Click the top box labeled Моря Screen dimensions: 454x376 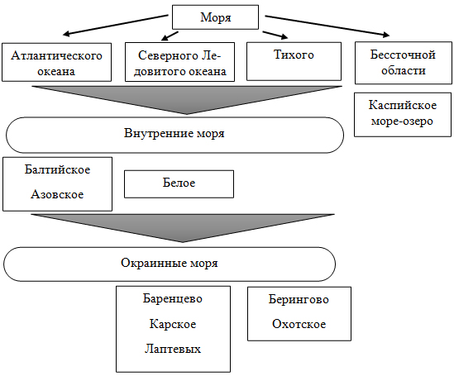click(x=215, y=17)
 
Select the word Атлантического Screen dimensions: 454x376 click(x=57, y=55)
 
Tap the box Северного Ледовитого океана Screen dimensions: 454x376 click(x=179, y=62)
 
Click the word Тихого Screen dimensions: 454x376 click(x=294, y=55)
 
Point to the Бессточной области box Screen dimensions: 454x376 click(x=404, y=63)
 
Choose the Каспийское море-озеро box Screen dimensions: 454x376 click(x=403, y=115)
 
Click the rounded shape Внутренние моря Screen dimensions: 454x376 click(x=174, y=135)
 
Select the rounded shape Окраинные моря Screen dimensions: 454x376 click(x=170, y=264)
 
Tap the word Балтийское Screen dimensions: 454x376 click(x=57, y=169)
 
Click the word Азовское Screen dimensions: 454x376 click(x=57, y=194)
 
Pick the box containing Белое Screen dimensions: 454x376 click(x=179, y=184)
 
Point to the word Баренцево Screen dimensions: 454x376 click(x=173, y=298)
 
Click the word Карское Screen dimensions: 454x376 click(x=173, y=324)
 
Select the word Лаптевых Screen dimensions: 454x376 click(x=173, y=349)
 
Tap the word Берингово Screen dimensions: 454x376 click(x=299, y=299)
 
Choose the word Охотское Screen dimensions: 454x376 click(x=299, y=324)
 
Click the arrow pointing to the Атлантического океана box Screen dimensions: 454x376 click(x=116, y=25)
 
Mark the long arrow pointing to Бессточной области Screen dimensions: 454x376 click(x=327, y=26)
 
